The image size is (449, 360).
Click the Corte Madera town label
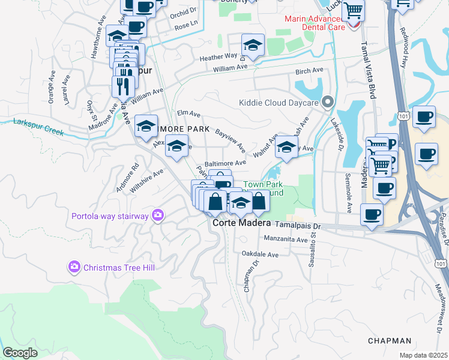click(239, 223)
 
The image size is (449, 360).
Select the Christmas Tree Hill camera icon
click(75, 266)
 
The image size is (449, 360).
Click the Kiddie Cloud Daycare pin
click(328, 102)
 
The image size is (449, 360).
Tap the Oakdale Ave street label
click(260, 254)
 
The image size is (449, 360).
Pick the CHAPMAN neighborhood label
click(390, 340)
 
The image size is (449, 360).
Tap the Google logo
click(20, 353)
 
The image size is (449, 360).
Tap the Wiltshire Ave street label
click(146, 179)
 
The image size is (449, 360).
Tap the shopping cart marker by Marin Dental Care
click(354, 10)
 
